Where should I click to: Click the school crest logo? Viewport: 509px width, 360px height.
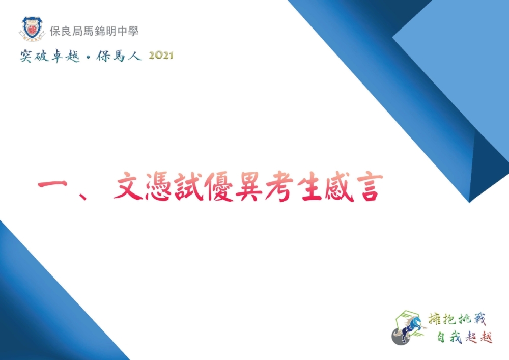point(32,29)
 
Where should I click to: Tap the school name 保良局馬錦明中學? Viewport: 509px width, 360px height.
point(94,31)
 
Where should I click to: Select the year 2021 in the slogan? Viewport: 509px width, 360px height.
point(161,56)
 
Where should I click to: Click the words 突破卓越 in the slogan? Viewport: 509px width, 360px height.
point(50,56)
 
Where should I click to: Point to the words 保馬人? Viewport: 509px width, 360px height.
point(119,56)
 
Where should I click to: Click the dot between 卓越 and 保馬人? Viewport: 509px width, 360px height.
point(88,58)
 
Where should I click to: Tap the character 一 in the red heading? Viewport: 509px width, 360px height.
point(52,185)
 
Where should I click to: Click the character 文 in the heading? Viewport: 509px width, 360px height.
point(129,186)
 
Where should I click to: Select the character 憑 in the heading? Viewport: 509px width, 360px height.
point(159,186)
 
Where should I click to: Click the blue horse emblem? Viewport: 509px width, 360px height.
point(409,327)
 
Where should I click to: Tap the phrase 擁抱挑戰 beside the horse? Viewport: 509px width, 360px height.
point(457,319)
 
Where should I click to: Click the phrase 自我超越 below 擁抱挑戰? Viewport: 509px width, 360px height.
point(465,337)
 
